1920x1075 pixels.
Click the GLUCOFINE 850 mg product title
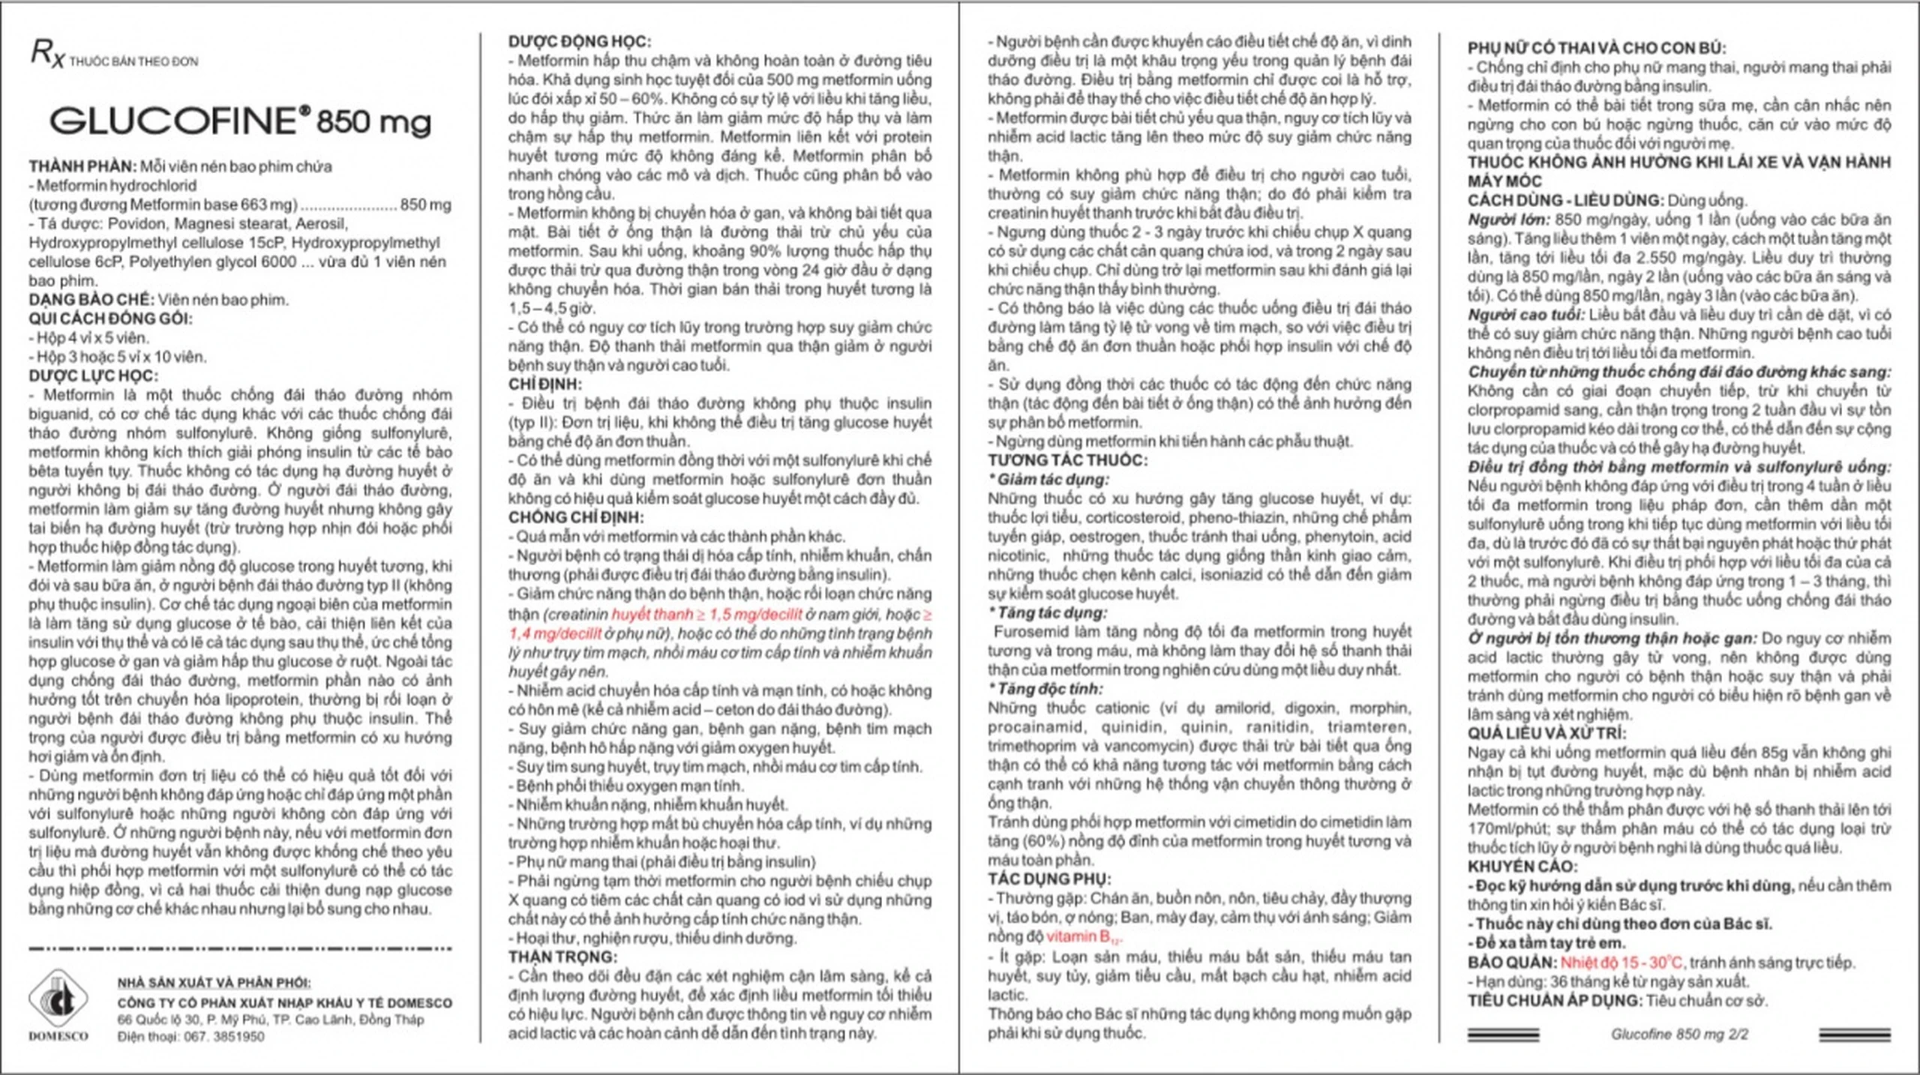[x=240, y=121]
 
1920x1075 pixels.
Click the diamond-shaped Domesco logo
[x=58, y=998]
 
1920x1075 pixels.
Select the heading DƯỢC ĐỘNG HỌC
[x=580, y=42]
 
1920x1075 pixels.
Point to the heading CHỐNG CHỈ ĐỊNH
[x=575, y=517]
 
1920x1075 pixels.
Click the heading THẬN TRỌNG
[x=562, y=957]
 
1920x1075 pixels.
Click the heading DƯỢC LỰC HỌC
[x=94, y=376]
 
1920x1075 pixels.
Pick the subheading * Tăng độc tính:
[x=1045, y=688]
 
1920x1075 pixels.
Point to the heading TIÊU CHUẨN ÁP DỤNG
[x=1555, y=1000]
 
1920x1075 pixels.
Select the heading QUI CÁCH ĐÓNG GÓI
[x=110, y=319]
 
